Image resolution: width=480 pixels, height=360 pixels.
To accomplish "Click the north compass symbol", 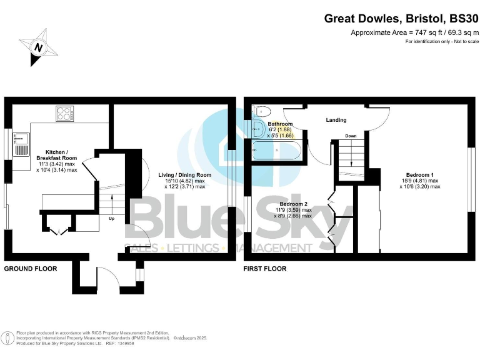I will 39,46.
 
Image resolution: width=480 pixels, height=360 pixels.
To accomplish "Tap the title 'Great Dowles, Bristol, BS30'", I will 401,19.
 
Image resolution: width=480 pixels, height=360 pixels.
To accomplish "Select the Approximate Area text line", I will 414,32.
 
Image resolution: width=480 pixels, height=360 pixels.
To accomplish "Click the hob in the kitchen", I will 64,114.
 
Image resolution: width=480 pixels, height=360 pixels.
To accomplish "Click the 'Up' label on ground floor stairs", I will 111,219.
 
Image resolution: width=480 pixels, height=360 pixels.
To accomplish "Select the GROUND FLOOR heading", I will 31,269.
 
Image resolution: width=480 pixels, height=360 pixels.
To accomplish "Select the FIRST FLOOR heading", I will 265,269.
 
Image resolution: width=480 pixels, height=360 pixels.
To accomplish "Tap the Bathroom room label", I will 281,124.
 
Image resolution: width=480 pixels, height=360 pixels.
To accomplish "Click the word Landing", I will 336,120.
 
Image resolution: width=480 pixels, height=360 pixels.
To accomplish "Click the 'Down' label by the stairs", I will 351,136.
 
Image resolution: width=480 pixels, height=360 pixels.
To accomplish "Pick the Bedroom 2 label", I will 293,204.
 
